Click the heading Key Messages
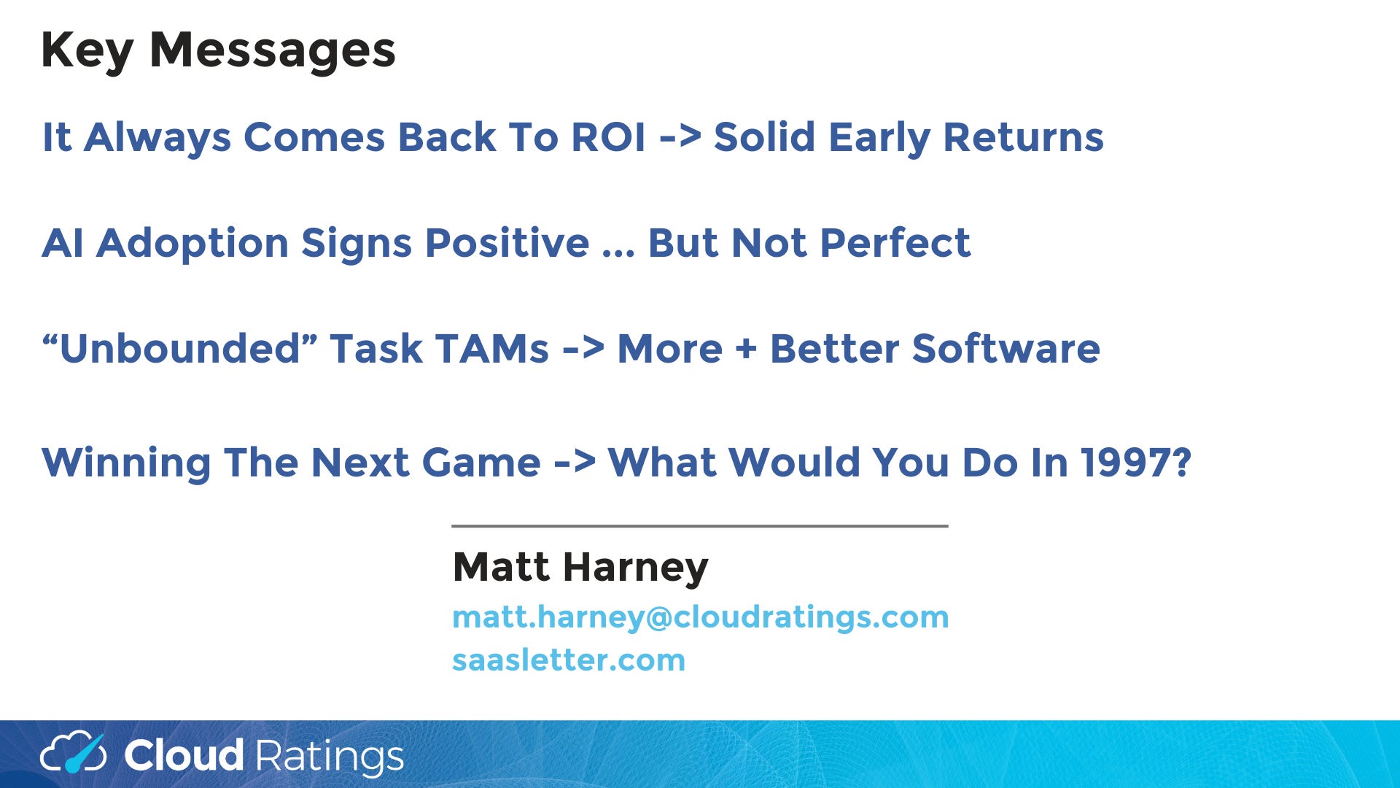pyautogui.click(x=218, y=51)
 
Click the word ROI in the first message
pyautogui.click(x=608, y=137)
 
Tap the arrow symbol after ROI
pyautogui.click(x=680, y=138)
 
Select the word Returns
pyautogui.click(x=1023, y=137)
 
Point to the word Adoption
pyautogui.click(x=192, y=244)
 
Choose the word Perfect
pyautogui.click(x=895, y=243)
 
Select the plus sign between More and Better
pyautogui.click(x=746, y=349)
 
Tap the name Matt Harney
pyautogui.click(x=580, y=568)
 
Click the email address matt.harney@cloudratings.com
pyautogui.click(x=701, y=618)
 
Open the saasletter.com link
pyautogui.click(x=569, y=660)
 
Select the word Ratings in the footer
pyautogui.click(x=329, y=757)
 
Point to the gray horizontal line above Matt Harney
pyautogui.click(x=700, y=525)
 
